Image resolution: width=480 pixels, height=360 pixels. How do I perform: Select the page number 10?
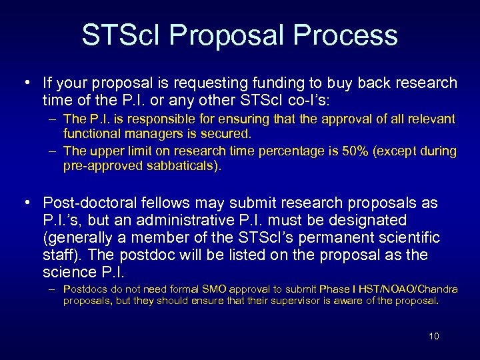(x=433, y=336)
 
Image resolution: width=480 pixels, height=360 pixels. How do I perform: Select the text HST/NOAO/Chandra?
(x=409, y=289)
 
